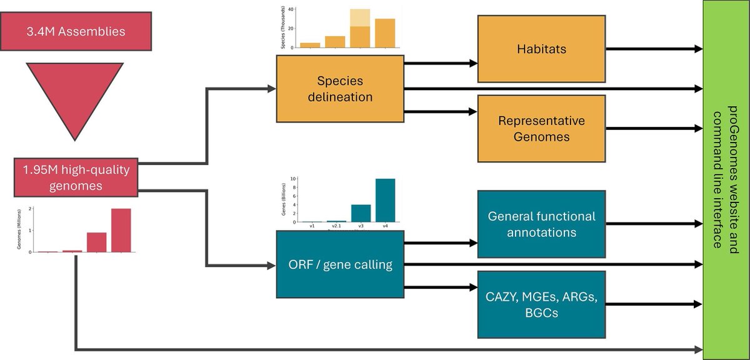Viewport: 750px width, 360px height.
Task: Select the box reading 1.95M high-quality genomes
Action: pyautogui.click(x=75, y=177)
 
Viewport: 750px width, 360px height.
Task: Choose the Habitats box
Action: pyautogui.click(x=541, y=48)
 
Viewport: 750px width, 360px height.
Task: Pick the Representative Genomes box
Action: pyautogui.click(x=541, y=128)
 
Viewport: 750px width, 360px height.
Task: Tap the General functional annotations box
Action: pyautogui.click(x=541, y=224)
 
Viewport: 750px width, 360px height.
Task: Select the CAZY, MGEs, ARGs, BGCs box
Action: pyautogui.click(x=541, y=304)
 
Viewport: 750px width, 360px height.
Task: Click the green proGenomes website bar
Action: pyautogui.click(x=726, y=179)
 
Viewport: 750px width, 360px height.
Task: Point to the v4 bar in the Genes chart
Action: pyautogui.click(x=385, y=200)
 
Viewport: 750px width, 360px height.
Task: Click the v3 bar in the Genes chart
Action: pyautogui.click(x=361, y=213)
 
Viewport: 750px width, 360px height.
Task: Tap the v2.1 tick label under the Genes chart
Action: pyautogui.click(x=336, y=226)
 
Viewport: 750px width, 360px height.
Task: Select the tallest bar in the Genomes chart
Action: pyautogui.click(x=121, y=230)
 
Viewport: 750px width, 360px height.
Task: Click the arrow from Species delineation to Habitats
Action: pyautogui.click(x=441, y=62)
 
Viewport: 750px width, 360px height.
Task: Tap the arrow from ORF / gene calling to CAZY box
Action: pyautogui.click(x=441, y=287)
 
